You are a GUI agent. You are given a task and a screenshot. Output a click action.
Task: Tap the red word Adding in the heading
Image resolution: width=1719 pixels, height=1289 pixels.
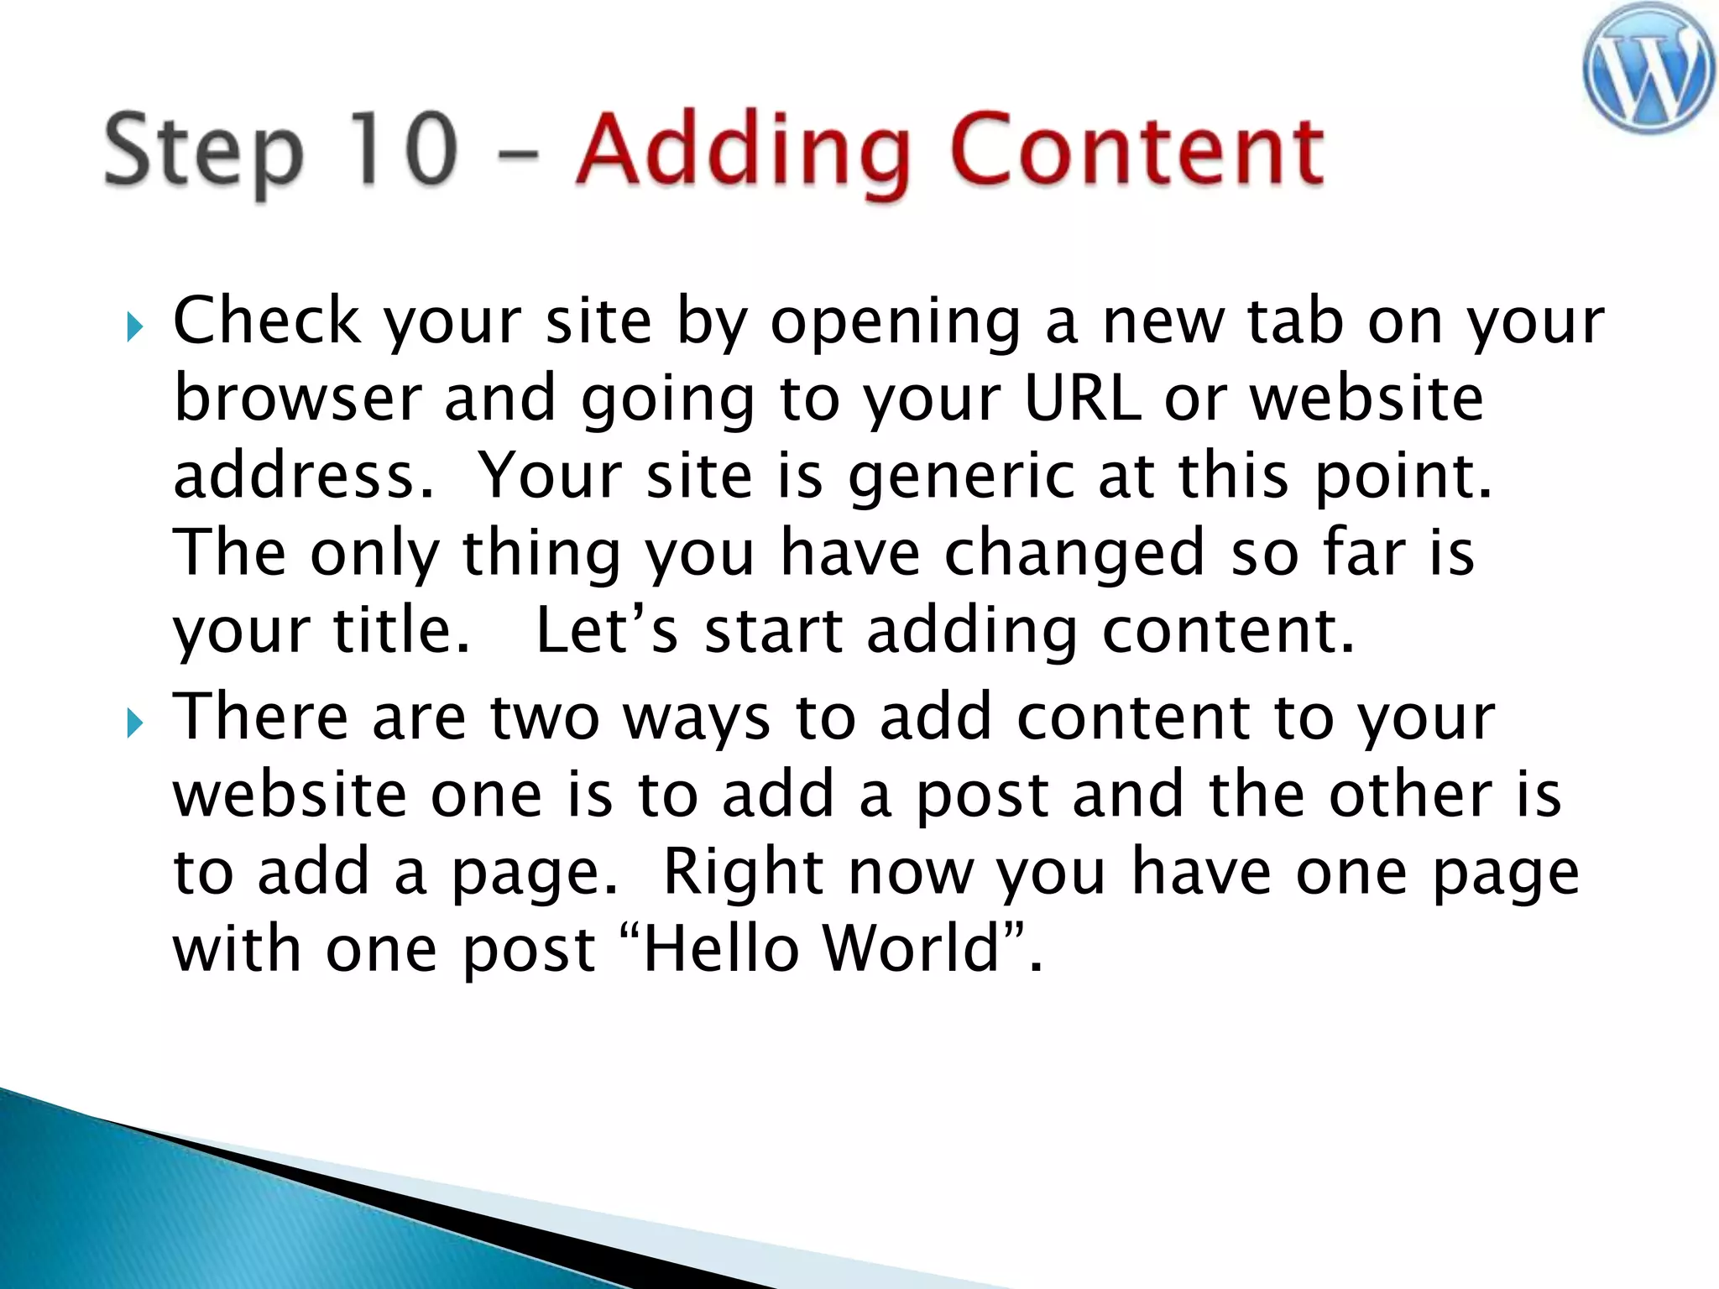744,151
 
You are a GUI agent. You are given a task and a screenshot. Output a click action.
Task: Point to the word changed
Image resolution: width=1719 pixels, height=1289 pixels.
1074,554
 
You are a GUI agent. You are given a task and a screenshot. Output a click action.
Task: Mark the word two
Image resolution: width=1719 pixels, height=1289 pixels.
545,718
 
